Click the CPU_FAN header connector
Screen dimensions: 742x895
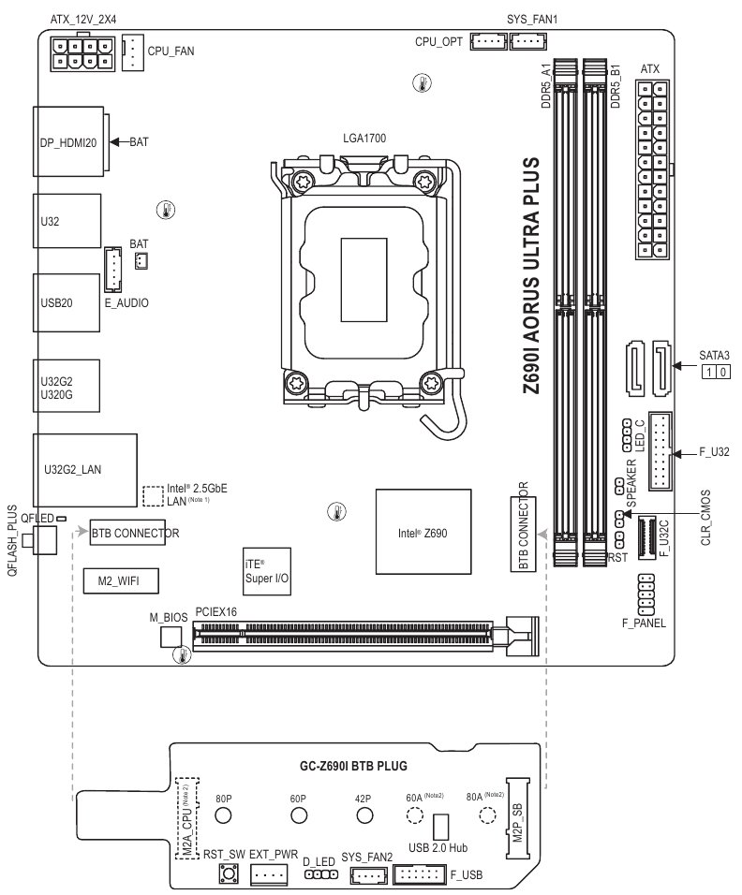pos(132,53)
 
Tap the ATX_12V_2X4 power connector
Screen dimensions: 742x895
pos(82,53)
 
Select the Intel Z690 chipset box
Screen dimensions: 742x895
pos(423,532)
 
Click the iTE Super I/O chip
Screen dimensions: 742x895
pos(267,571)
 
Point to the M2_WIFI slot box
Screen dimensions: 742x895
pos(121,581)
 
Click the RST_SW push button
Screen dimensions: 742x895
pos(229,873)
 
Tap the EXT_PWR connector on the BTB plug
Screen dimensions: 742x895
pos(269,873)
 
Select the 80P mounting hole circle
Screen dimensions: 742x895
pos(223,815)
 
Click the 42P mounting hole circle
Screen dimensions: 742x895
pos(364,815)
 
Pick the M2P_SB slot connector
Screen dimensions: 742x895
pos(517,817)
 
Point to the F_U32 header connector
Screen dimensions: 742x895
pos(660,450)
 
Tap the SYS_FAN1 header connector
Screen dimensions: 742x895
pos(528,42)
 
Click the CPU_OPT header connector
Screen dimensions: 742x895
pos(489,42)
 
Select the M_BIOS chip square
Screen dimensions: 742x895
pos(171,637)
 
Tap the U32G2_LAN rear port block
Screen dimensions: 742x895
pos(85,470)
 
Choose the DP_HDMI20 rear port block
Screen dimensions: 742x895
pos(68,141)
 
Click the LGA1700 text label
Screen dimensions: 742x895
pos(364,139)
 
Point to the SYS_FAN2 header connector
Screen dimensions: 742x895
pos(366,874)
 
